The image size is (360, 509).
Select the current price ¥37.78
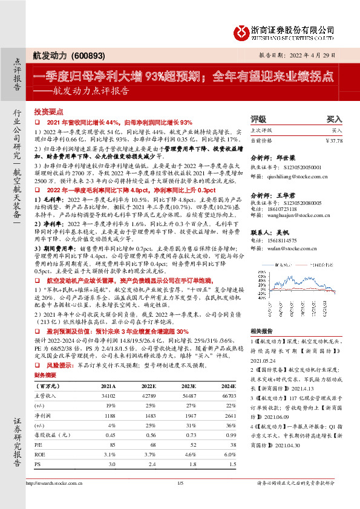[x=333, y=140]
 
